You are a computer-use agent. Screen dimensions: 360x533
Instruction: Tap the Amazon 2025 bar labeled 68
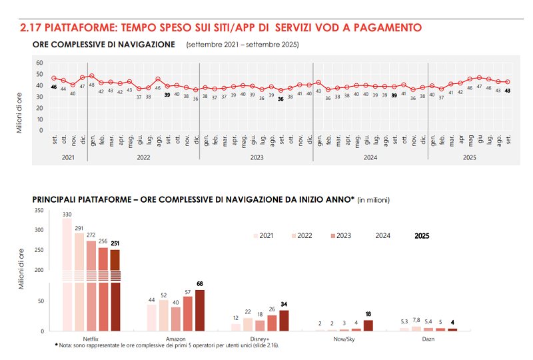[x=199, y=310]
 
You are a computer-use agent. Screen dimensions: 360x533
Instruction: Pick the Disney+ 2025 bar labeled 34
[x=284, y=321]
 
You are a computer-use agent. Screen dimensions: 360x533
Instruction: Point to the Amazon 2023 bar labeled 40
[x=175, y=319]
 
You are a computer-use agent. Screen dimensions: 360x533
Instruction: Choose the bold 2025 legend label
[x=422, y=235]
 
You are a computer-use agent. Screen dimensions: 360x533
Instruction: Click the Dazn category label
[x=428, y=338]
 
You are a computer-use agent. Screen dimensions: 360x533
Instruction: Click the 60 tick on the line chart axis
[x=39, y=63]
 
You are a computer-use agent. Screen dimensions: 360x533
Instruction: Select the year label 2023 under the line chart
[x=258, y=157]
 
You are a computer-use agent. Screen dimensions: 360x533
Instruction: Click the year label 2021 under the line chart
[x=68, y=157]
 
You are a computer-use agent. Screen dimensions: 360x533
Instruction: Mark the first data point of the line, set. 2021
[x=54, y=78]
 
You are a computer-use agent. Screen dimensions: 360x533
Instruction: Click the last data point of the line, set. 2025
[x=508, y=82]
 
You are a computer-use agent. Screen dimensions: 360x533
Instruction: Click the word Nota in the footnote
[x=67, y=345]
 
